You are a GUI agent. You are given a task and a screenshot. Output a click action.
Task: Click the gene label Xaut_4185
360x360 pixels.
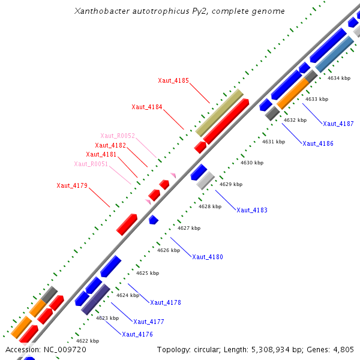pyautogui.click(x=173, y=80)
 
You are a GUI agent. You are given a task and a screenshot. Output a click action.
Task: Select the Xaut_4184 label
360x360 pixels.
pyautogui.click(x=147, y=107)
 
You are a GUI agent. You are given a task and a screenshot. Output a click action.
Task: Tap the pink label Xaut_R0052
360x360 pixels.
pyautogui.click(x=118, y=136)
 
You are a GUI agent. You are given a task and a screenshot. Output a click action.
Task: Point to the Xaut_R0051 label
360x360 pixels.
pyautogui.click(x=91, y=164)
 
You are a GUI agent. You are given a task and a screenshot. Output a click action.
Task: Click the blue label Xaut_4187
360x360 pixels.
pyautogui.click(x=338, y=124)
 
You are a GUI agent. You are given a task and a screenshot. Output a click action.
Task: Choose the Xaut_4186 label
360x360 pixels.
pyautogui.click(x=318, y=143)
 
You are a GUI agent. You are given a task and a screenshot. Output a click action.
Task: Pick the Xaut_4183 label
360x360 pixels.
pyautogui.click(x=252, y=210)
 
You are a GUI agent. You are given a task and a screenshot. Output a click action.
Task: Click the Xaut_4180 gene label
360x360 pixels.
pyautogui.click(x=208, y=257)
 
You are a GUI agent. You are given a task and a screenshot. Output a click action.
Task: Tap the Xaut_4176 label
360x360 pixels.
pyautogui.click(x=137, y=334)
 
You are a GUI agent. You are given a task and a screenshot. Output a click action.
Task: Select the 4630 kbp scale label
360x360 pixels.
pyautogui.click(x=251, y=163)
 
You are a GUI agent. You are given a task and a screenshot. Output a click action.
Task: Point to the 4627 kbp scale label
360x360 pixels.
pyautogui.click(x=189, y=228)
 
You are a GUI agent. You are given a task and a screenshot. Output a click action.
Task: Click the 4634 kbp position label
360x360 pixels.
pyautogui.click(x=338, y=78)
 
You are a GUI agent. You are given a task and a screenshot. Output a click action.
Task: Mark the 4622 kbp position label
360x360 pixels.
pyautogui.click(x=87, y=340)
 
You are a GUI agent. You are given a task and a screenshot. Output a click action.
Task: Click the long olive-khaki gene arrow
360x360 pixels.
pyautogui.click(x=220, y=112)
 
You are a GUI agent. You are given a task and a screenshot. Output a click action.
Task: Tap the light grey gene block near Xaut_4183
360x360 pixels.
pyautogui.click(x=206, y=180)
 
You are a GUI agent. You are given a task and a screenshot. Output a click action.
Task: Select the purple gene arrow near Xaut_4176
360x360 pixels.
pyautogui.click(x=95, y=299)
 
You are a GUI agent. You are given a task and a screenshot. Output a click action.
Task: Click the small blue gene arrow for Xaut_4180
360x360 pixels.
pyautogui.click(x=154, y=220)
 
